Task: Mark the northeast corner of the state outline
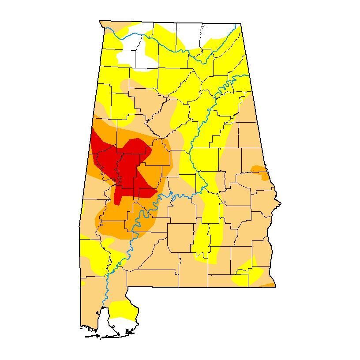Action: [240, 24]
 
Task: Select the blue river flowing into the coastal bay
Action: [106, 287]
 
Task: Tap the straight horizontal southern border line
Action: [199, 287]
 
